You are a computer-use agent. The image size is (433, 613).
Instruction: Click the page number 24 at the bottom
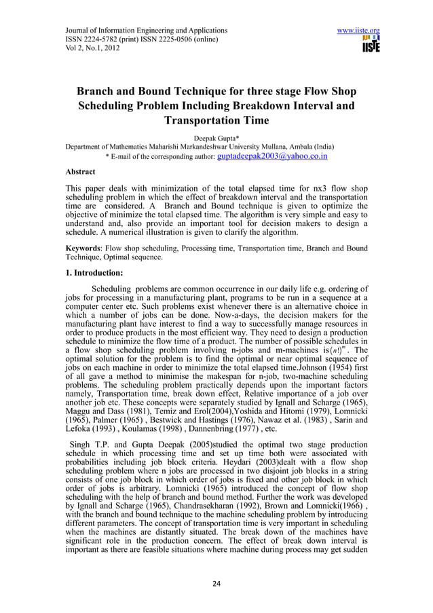pos(216,583)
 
